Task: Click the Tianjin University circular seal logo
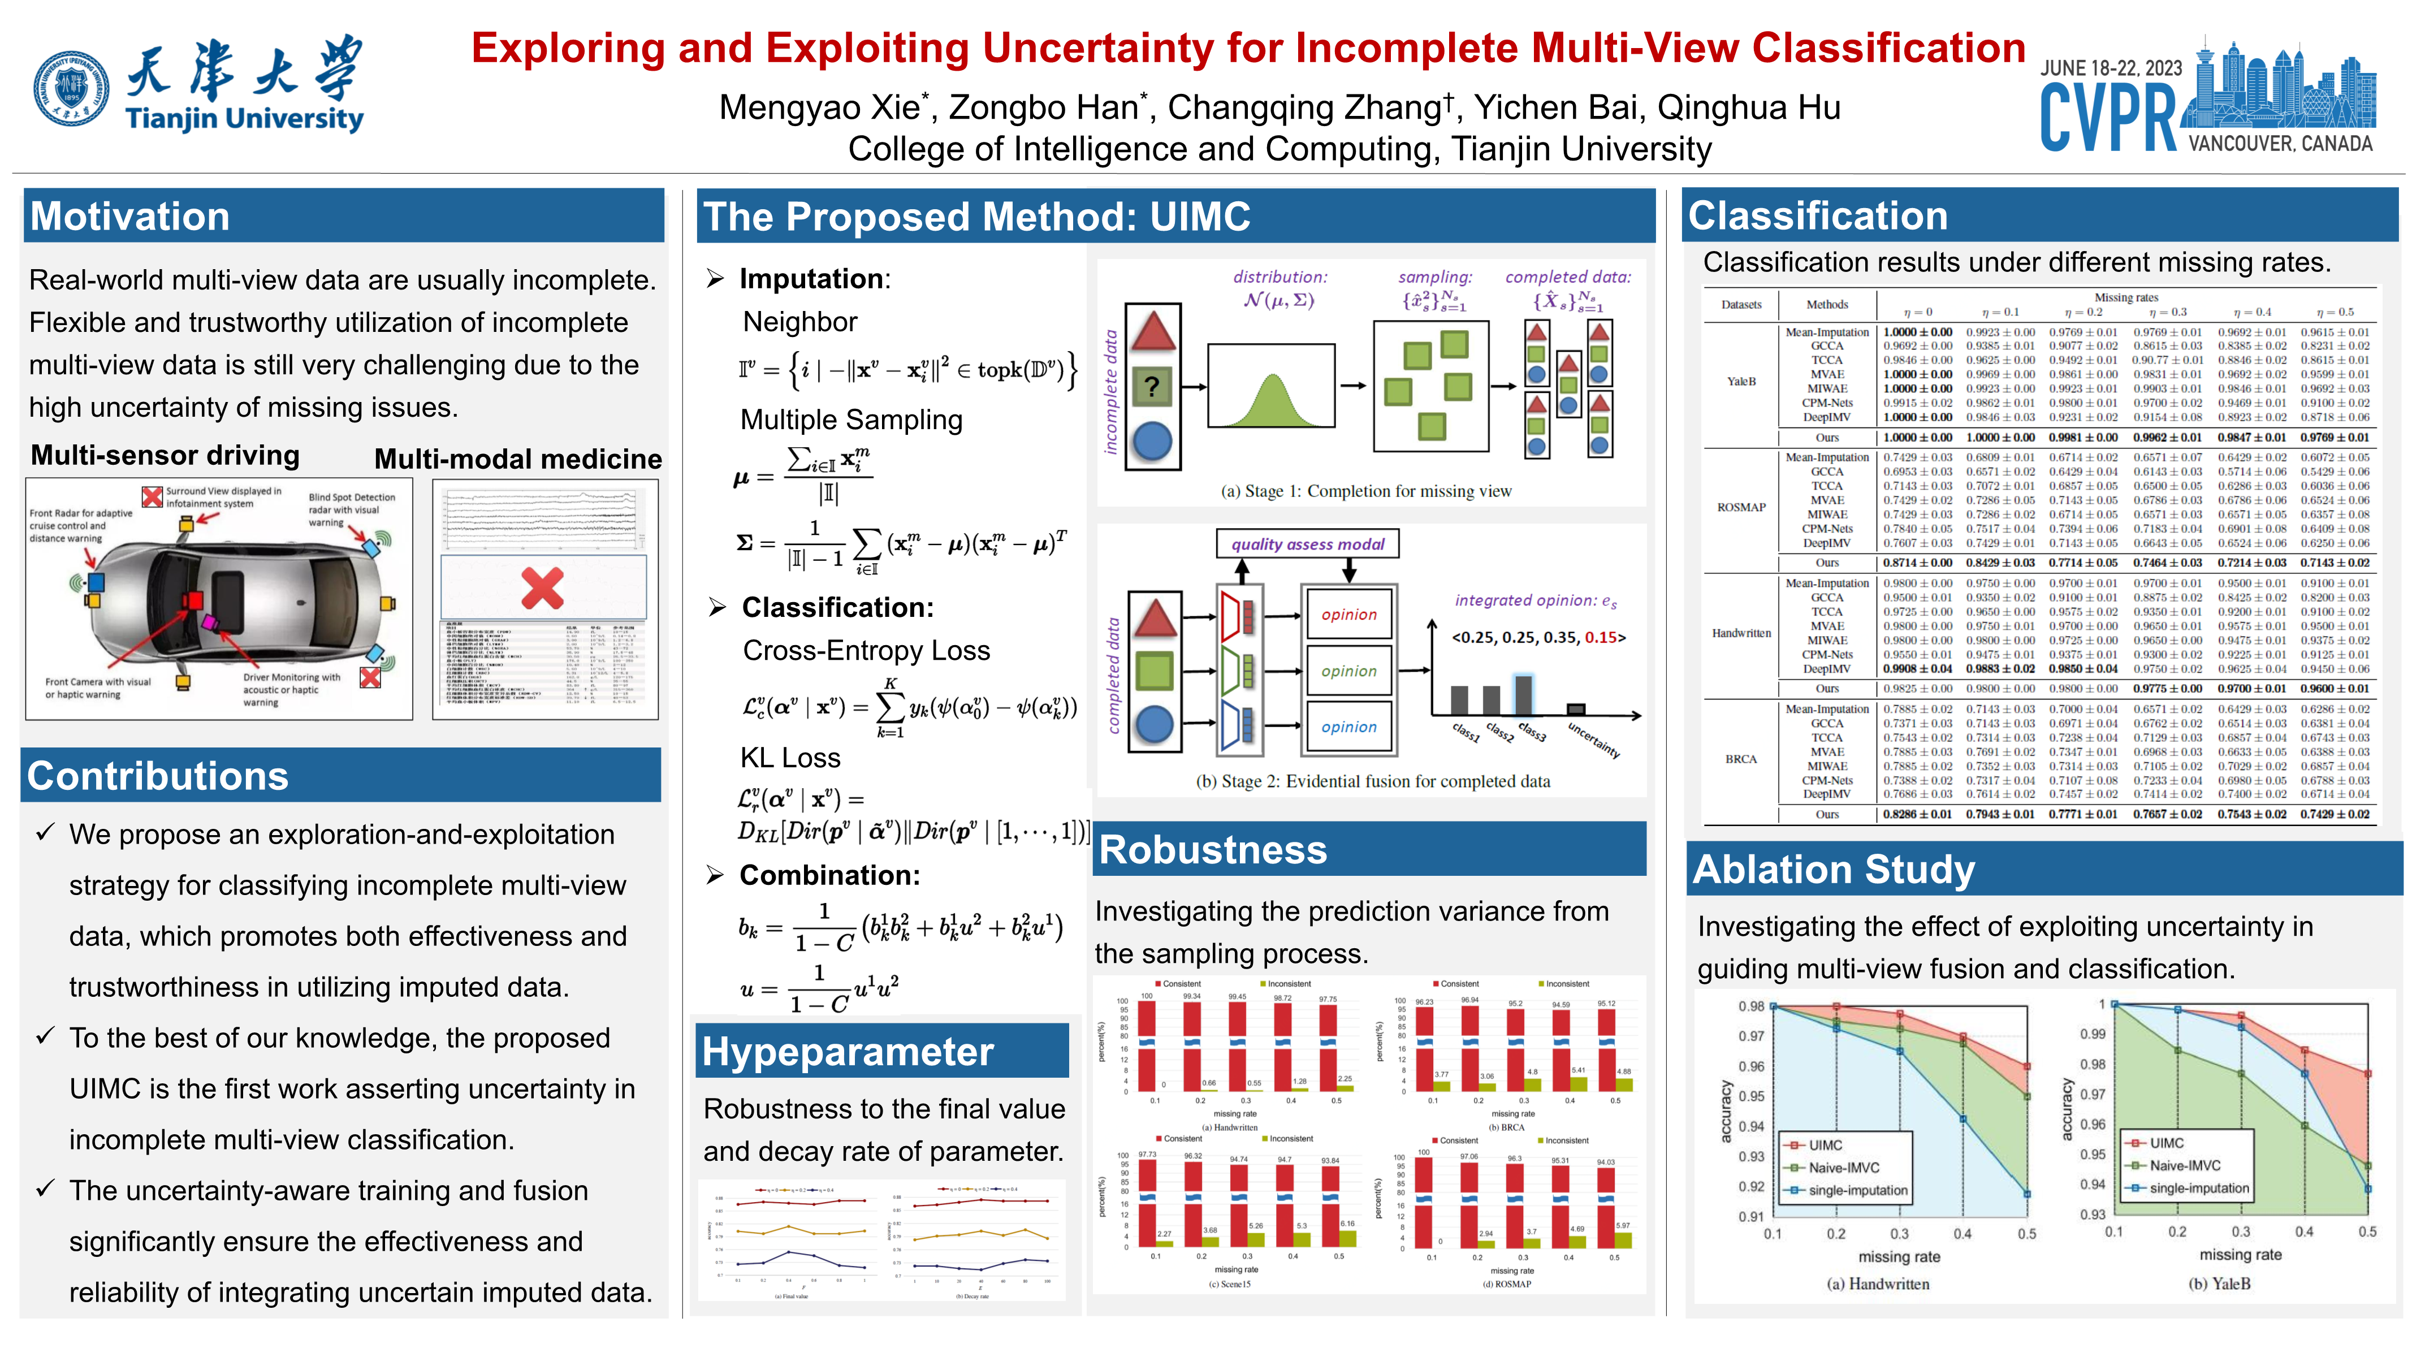[x=71, y=88]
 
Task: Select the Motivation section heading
[x=130, y=217]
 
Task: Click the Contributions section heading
[x=157, y=776]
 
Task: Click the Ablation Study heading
[x=1834, y=870]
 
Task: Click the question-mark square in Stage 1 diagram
[x=1153, y=386]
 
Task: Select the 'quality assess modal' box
[x=1307, y=544]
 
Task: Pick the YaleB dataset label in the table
[x=1741, y=381]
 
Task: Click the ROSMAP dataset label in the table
[x=1741, y=508]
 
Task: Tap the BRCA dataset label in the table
[x=1741, y=759]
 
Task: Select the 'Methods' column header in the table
[x=1827, y=304]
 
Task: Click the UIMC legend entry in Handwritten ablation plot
[x=1824, y=1144]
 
